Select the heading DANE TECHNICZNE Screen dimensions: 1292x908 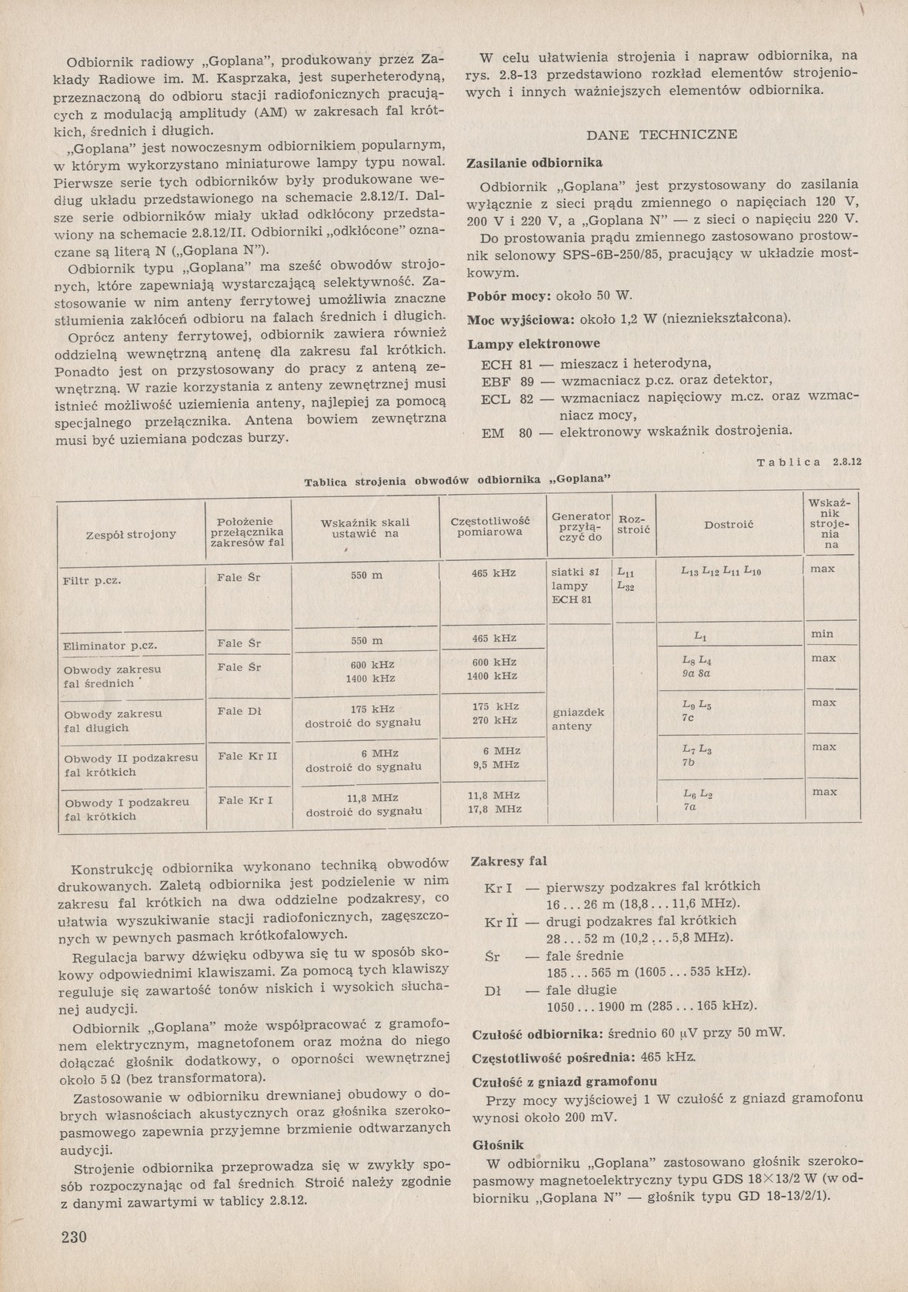(x=662, y=135)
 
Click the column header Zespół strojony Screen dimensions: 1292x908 (x=131, y=533)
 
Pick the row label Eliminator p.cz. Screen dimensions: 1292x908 (x=111, y=646)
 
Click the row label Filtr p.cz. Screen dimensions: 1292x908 (x=92, y=580)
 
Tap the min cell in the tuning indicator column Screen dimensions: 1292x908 (x=823, y=634)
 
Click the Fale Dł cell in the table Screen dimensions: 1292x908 (x=239, y=712)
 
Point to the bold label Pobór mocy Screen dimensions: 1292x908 (x=508, y=296)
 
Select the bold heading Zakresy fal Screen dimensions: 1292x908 (x=509, y=861)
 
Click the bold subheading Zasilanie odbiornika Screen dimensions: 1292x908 (x=535, y=163)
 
